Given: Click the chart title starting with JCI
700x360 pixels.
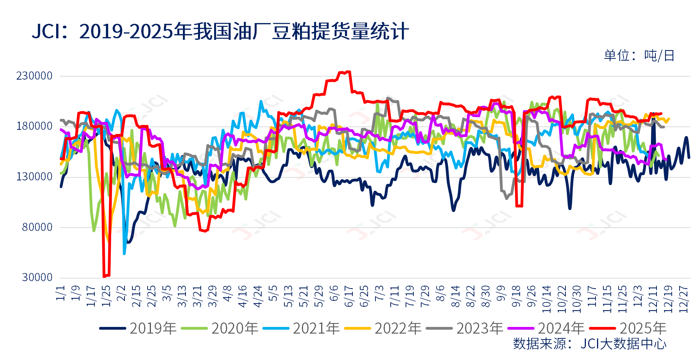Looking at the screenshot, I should click(220, 31).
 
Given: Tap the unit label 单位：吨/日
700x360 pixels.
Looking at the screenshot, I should click(639, 56).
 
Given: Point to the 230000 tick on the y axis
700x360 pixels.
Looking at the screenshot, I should click(34, 76).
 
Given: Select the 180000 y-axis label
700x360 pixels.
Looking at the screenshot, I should click(34, 126).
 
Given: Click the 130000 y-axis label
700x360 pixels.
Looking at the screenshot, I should click(34, 176).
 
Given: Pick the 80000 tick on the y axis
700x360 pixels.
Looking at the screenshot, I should click(37, 227).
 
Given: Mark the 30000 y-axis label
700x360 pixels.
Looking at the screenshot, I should click(37, 277).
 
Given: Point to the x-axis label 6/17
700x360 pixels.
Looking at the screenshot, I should click(349, 296).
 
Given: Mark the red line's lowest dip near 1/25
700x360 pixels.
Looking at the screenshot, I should click(104, 276).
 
